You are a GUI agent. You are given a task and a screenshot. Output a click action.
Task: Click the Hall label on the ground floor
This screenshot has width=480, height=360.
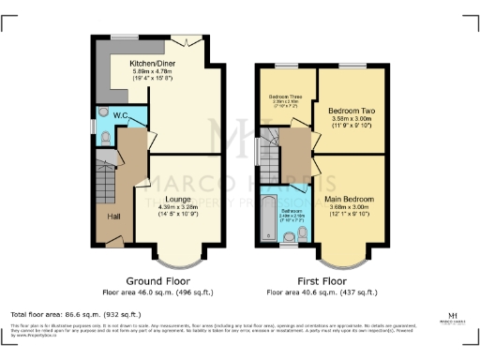[x=113, y=217]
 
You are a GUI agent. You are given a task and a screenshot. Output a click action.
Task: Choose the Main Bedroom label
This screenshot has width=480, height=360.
[x=351, y=200]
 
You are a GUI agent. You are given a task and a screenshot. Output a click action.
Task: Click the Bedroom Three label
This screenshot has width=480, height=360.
[x=284, y=97]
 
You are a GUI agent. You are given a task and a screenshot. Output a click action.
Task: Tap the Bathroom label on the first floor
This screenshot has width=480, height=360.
[x=291, y=211]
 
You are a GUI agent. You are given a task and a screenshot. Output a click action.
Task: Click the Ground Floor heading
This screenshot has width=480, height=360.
[x=157, y=280]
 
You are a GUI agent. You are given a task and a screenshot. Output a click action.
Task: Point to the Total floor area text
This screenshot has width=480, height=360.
[x=75, y=314]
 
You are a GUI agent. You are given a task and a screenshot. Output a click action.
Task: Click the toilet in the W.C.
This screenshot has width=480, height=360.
[x=106, y=138]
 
